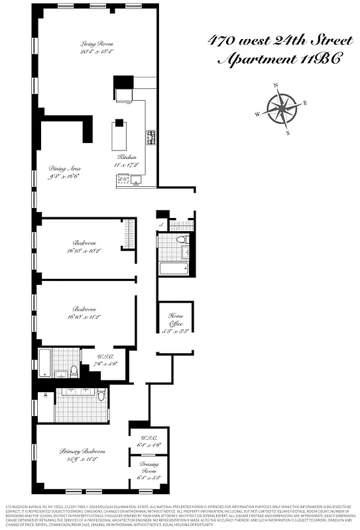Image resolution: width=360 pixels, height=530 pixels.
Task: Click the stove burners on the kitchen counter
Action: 150,137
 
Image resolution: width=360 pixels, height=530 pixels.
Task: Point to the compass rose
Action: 282,107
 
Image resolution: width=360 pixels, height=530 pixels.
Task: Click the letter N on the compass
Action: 276,85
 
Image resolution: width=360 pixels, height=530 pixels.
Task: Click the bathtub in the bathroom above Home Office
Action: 174,269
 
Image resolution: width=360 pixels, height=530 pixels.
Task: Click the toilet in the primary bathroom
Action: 101,396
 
